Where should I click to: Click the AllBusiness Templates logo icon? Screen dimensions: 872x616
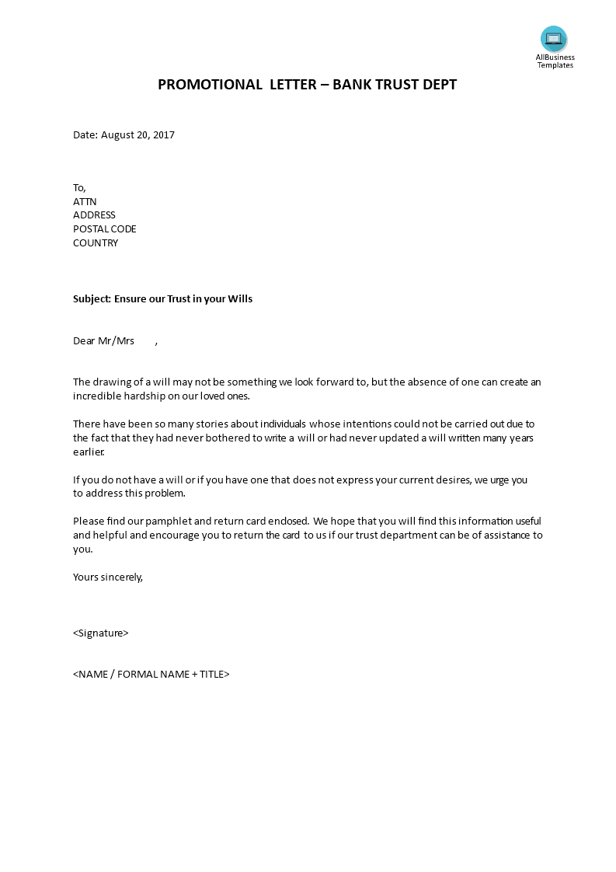coord(554,38)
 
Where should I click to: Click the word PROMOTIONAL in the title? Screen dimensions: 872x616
coord(210,85)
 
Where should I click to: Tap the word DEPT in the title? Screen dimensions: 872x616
coord(440,85)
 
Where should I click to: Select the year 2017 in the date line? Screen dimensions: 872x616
coord(164,135)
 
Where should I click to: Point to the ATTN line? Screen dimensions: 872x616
coord(85,201)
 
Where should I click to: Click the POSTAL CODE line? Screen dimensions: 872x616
coord(105,229)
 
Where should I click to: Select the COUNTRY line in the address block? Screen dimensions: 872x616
coord(96,243)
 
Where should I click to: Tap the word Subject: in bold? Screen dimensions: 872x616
coord(92,299)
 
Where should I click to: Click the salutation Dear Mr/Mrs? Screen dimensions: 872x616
coord(103,341)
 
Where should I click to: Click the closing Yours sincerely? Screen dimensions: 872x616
coord(108,577)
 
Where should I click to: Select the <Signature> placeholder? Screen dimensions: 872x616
coord(100,633)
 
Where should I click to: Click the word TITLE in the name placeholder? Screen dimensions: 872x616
coord(212,675)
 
